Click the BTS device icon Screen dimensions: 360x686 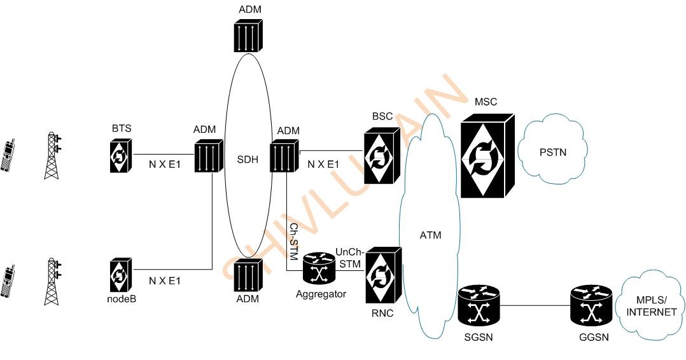pyautogui.click(x=119, y=156)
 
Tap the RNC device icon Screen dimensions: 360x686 pyautogui.click(x=383, y=275)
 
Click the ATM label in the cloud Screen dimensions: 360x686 pyautogui.click(x=430, y=235)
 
